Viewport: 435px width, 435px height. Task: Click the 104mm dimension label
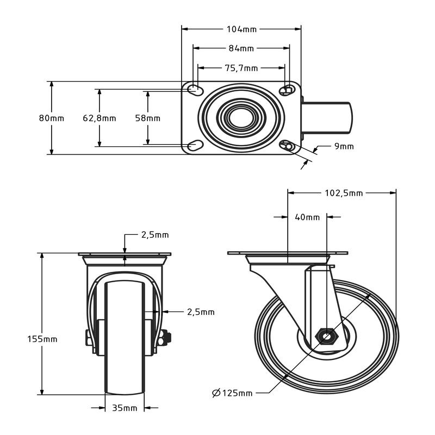pos(241,29)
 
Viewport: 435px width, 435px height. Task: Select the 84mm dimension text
pos(241,48)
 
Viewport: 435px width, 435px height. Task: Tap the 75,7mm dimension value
pos(241,68)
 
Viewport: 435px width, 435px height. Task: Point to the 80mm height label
pos(52,118)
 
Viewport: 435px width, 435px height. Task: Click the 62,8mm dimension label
pos(100,118)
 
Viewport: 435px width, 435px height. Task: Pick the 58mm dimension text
pos(147,118)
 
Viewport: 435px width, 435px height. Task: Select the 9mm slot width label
pos(344,146)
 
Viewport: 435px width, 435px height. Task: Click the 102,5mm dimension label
pos(344,193)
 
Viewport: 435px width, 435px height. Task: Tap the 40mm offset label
pos(307,217)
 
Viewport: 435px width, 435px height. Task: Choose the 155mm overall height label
pos(42,339)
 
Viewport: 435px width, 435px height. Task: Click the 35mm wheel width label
pos(125,408)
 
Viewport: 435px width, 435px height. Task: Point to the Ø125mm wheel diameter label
pos(232,393)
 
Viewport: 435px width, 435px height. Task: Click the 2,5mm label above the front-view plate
pos(155,235)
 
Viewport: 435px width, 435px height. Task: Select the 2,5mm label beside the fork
pos(201,312)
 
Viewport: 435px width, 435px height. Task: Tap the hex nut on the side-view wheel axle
pos(327,336)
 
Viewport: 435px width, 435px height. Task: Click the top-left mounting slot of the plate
pos(195,89)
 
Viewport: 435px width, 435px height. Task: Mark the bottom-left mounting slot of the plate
pos(195,145)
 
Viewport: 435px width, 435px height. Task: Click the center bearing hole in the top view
pos(241,118)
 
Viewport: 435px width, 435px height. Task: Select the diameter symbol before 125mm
pos(216,393)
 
